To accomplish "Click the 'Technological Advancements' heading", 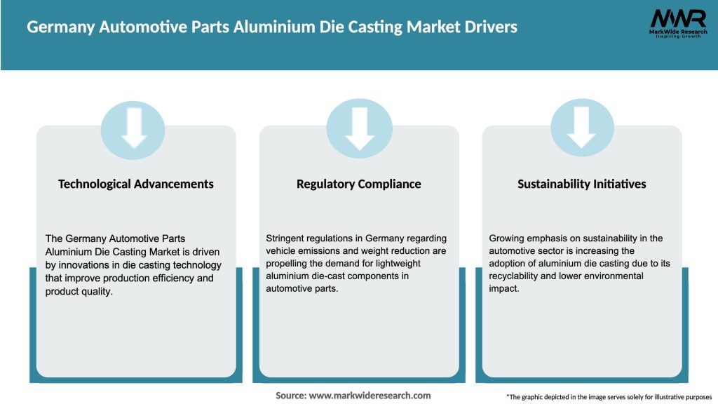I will (136, 184).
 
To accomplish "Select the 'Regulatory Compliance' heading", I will (359, 184).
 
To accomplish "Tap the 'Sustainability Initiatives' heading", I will (582, 184).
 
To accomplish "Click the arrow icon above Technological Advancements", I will (133, 128).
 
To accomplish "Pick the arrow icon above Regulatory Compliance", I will (359, 128).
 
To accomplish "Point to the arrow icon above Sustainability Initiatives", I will (582, 128).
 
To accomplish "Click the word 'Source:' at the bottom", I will (291, 396).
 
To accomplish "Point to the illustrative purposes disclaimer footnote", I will (609, 397).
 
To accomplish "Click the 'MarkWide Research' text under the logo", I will (677, 32).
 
